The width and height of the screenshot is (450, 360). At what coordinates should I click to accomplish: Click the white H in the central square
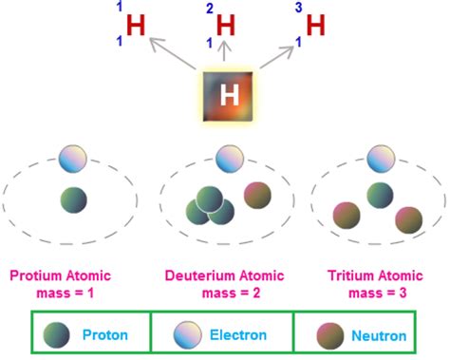click(229, 95)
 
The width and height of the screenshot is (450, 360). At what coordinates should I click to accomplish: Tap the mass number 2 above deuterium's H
click(210, 8)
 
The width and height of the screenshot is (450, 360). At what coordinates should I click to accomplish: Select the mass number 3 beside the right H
click(301, 8)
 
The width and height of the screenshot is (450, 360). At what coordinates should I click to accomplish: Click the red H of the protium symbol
click(136, 26)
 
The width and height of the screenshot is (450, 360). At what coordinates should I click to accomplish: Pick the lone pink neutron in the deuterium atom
click(257, 195)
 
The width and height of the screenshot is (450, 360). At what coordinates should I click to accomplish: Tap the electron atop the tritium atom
click(380, 158)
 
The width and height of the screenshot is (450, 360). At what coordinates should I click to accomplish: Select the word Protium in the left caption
click(38, 276)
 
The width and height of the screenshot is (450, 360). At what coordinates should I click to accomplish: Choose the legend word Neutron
click(379, 335)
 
